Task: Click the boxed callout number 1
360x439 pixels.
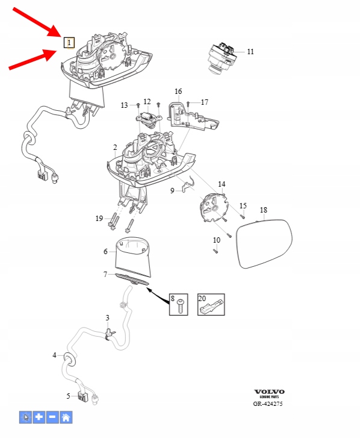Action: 69,43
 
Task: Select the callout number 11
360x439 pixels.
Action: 250,52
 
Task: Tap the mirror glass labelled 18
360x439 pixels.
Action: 264,243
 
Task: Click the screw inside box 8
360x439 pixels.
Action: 181,307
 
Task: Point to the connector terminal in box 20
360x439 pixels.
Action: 212,307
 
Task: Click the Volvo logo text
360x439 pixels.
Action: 269,391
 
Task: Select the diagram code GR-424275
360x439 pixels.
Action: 268,403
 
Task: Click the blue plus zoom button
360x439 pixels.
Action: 39,417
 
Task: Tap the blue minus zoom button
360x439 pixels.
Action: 52,417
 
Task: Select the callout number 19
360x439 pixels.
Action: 99,218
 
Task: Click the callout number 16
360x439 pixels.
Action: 178,92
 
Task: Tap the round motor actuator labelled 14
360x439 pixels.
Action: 213,208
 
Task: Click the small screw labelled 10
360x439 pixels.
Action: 216,251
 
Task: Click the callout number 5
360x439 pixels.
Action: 68,396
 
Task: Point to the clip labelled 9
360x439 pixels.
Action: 188,185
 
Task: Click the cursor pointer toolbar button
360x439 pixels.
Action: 25,417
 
